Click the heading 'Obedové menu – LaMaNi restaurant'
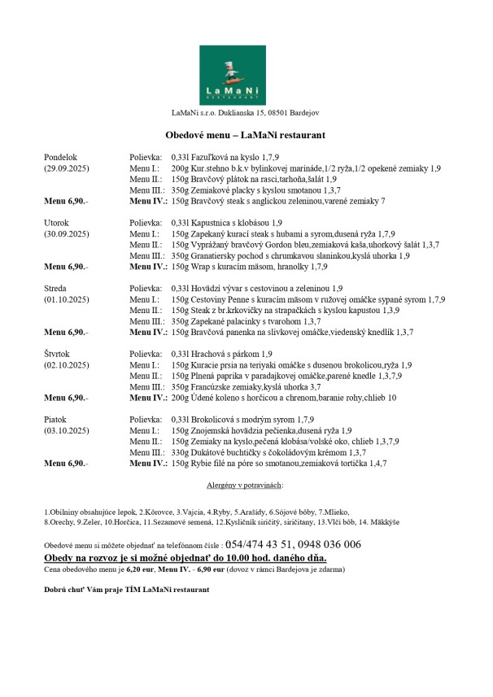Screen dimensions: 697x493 (246, 135)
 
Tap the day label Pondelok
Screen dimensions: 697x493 (60, 155)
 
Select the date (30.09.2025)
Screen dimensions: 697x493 (67, 233)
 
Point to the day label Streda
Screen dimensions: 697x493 (55, 288)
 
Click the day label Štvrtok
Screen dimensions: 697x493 (58, 354)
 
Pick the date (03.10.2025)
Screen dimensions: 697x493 (67, 430)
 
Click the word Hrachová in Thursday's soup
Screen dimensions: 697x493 (208, 354)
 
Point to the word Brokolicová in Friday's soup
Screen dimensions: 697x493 (213, 419)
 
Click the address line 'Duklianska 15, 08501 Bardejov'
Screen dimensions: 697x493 (269, 111)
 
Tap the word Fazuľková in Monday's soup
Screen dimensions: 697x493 (212, 155)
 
